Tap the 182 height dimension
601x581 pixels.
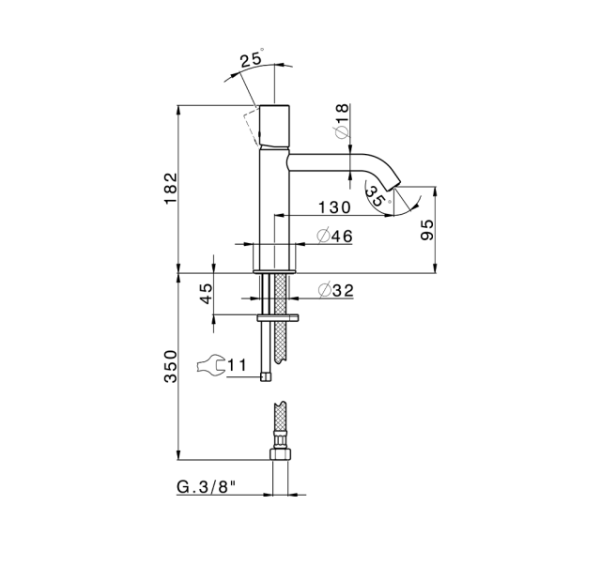(171, 189)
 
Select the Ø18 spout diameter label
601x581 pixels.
(342, 120)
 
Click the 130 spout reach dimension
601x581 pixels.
(334, 207)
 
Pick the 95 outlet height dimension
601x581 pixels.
(426, 229)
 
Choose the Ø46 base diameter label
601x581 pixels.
(334, 236)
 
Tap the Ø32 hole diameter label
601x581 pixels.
(336, 290)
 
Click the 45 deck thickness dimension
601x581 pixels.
(207, 294)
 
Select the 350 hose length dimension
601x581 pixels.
(171, 366)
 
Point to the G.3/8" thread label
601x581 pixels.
(206, 487)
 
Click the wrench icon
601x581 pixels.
(210, 363)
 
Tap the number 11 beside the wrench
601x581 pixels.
(237, 364)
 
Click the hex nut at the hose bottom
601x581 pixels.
(280, 454)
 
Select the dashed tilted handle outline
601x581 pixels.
(253, 127)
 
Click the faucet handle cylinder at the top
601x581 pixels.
(275, 125)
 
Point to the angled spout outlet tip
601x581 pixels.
(395, 184)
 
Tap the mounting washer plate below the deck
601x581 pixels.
(278, 317)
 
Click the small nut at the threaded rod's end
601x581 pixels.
(265, 376)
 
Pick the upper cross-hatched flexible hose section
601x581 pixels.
(282, 318)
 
